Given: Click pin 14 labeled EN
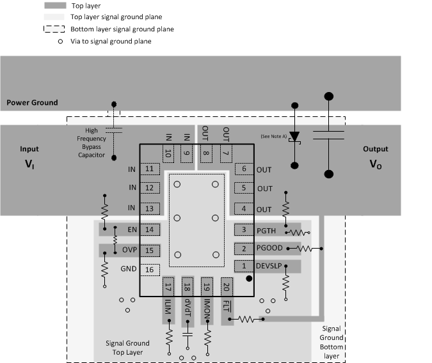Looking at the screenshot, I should pos(150,229).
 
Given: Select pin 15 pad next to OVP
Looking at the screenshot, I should pos(150,250).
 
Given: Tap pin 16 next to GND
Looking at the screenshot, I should pos(150,270).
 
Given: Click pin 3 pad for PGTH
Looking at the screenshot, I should pos(243,230).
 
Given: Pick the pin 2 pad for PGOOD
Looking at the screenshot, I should pos(243,248).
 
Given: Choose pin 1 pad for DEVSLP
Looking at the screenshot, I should pos(243,265).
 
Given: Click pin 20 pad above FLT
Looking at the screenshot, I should pos(226,287).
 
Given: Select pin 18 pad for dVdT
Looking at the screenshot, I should pos(188,287).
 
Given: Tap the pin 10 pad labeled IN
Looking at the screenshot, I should pos(168,153).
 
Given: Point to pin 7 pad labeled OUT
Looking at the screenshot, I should pos(225,153).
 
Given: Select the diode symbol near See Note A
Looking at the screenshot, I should pos(294,137).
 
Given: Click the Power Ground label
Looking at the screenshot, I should pos(32,102).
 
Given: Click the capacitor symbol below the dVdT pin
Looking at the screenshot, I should pos(188,334).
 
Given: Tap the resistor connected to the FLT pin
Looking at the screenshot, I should pos(250,318).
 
